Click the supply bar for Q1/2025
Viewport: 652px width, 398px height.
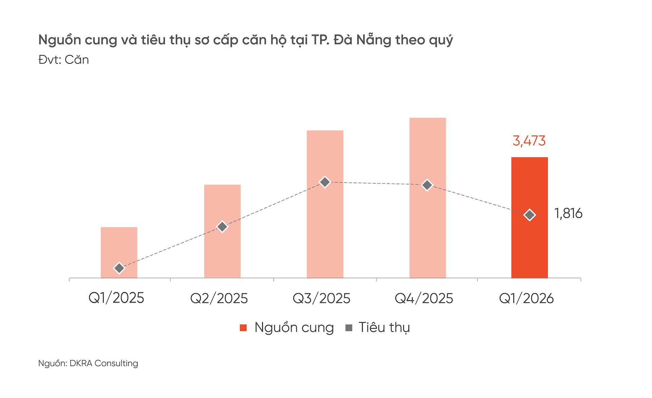point(119,248)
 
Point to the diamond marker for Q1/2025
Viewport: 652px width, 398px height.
point(119,268)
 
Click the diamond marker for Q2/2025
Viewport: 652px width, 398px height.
point(222,227)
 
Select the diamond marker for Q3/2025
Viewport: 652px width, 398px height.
point(325,182)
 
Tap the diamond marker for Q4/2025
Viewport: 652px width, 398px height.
point(427,185)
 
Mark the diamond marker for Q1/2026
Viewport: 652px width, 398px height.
point(530,215)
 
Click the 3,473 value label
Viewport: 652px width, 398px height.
point(529,141)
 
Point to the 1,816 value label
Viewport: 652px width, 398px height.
point(568,213)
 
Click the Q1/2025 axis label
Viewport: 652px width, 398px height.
point(116,298)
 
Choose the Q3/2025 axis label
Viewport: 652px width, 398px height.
point(321,298)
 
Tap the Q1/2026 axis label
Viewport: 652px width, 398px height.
point(526,298)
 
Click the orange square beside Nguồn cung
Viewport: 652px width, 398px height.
point(243,327)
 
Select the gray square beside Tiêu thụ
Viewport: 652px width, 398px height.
point(349,327)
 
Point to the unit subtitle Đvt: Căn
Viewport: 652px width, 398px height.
point(64,60)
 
